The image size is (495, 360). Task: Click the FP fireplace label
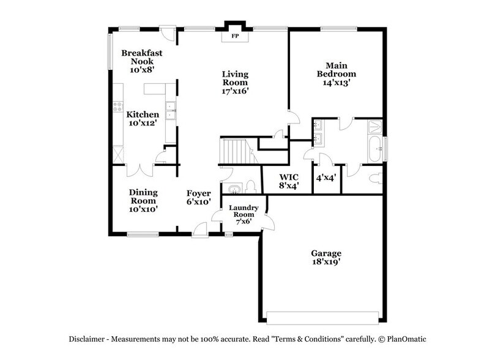click(x=235, y=37)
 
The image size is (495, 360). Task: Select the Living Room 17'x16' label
click(x=235, y=83)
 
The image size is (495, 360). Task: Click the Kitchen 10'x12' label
click(x=143, y=119)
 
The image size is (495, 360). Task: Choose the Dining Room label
click(x=143, y=200)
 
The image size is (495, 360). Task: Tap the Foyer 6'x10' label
click(x=199, y=197)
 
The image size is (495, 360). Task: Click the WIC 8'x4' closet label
click(x=288, y=181)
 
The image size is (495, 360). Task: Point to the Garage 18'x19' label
click(x=326, y=257)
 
